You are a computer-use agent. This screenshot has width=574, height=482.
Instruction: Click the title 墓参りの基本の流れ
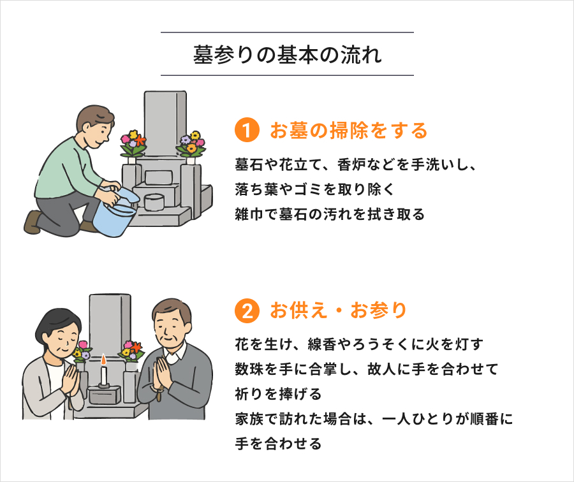(x=288, y=55)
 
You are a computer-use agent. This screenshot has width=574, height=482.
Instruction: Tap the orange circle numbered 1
(x=247, y=130)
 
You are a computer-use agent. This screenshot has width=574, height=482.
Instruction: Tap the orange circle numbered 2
(x=247, y=310)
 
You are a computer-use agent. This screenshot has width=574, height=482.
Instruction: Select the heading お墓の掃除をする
(x=348, y=130)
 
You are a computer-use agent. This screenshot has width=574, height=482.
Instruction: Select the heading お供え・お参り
(x=338, y=310)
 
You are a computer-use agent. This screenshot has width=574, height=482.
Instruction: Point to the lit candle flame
(x=103, y=360)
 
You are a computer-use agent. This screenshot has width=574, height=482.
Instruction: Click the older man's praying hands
(x=162, y=374)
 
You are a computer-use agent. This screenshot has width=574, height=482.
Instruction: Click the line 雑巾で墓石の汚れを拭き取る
(x=330, y=214)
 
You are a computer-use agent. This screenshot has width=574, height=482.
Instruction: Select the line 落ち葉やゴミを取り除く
(x=315, y=189)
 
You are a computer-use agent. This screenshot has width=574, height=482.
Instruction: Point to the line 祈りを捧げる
(x=278, y=394)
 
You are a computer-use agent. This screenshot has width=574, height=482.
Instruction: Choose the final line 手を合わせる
(x=278, y=444)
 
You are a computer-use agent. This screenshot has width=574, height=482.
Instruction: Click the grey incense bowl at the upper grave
(x=154, y=201)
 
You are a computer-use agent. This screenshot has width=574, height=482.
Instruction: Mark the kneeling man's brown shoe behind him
(x=33, y=222)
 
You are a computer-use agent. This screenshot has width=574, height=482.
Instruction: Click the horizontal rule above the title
(x=288, y=33)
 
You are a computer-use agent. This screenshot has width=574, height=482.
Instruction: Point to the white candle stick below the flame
(x=103, y=375)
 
